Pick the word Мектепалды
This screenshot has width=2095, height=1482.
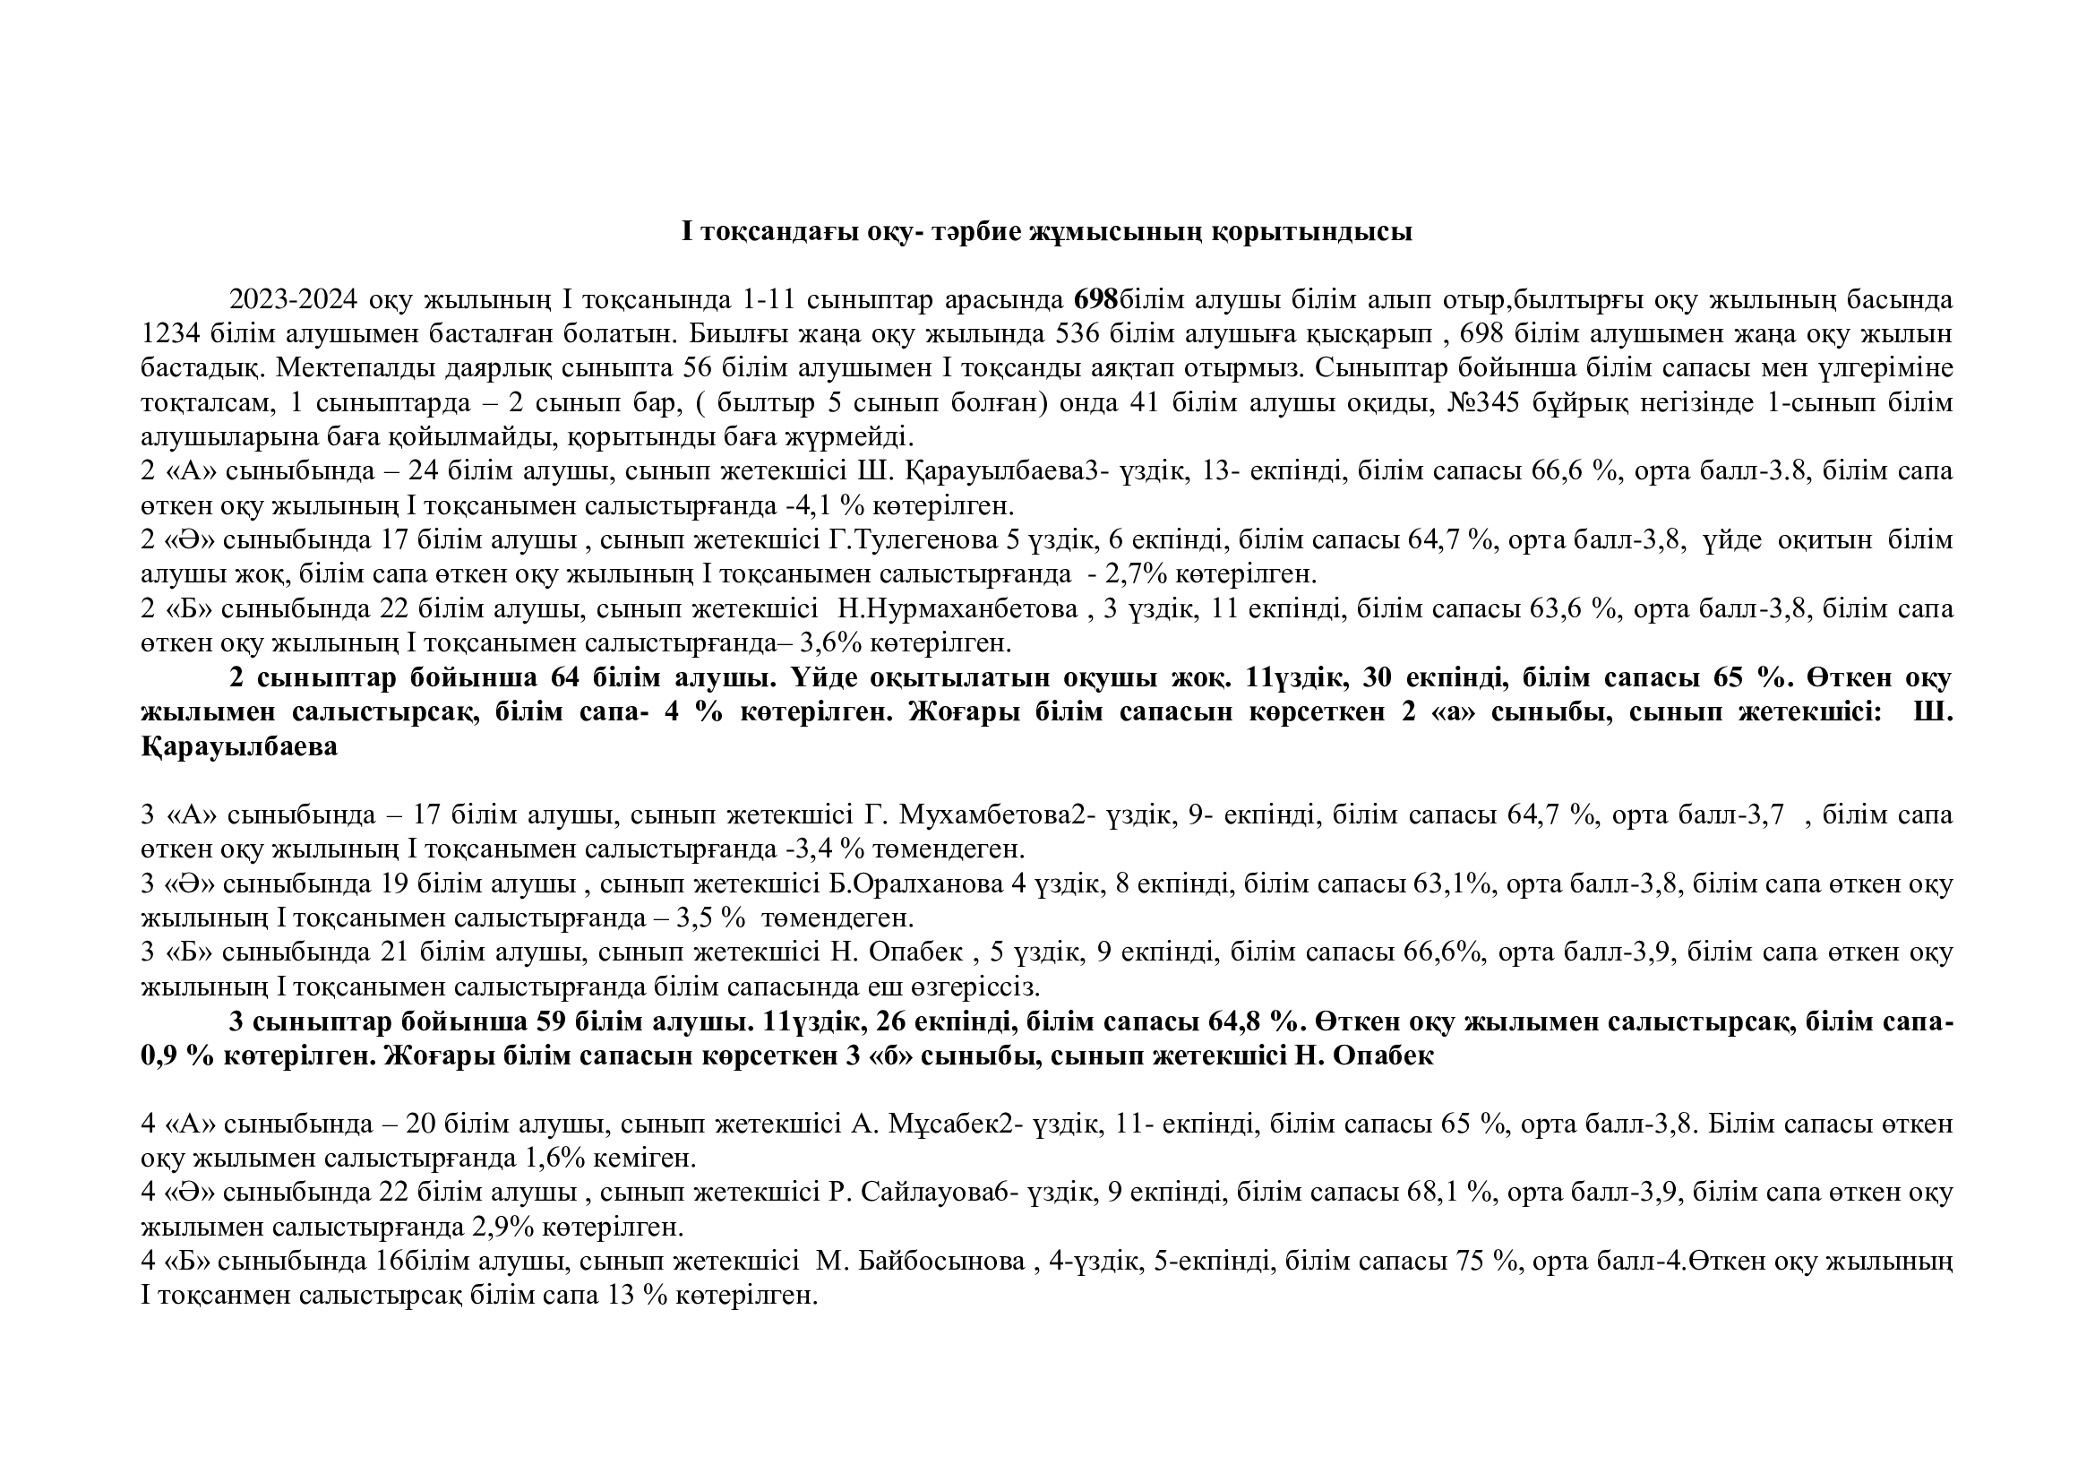(x=351, y=368)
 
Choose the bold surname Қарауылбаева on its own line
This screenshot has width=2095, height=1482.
(x=239, y=746)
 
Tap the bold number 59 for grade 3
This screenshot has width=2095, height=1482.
(x=551, y=1021)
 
